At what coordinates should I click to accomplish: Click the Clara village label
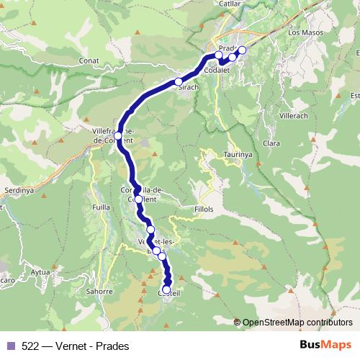(272, 143)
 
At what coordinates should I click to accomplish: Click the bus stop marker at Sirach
(179, 82)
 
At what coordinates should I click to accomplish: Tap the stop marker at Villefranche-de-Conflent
(118, 135)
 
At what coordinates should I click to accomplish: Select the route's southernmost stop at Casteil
(167, 289)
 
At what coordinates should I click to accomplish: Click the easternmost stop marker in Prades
(242, 50)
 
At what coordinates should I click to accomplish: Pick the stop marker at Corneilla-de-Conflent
(138, 199)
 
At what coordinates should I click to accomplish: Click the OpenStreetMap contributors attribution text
(297, 322)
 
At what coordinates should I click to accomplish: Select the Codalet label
(217, 71)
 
